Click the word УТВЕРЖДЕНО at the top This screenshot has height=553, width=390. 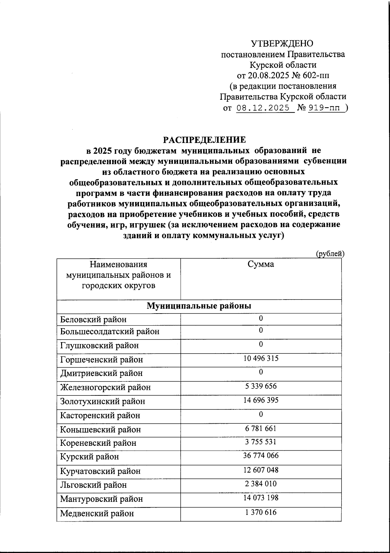click(282, 44)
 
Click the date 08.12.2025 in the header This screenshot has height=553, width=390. click(264, 108)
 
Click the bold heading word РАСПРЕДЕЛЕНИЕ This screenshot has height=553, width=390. click(204, 140)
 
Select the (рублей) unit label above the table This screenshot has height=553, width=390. click(330, 254)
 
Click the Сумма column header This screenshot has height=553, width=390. click(261, 264)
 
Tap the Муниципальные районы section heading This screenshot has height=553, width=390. click(199, 306)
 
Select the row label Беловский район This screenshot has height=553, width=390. click(94, 319)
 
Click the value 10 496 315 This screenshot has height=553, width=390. click(261, 358)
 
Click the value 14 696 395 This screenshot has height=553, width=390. click(261, 400)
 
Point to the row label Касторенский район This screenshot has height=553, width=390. click(100, 415)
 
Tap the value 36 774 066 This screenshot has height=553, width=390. click(261, 456)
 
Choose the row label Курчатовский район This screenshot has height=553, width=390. click(100, 471)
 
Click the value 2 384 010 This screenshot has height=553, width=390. click(261, 484)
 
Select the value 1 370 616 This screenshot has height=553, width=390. click(261, 512)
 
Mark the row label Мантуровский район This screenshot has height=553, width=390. click(101, 499)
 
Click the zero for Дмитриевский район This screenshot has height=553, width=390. click(261, 372)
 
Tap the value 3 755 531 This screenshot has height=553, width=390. click(261, 442)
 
